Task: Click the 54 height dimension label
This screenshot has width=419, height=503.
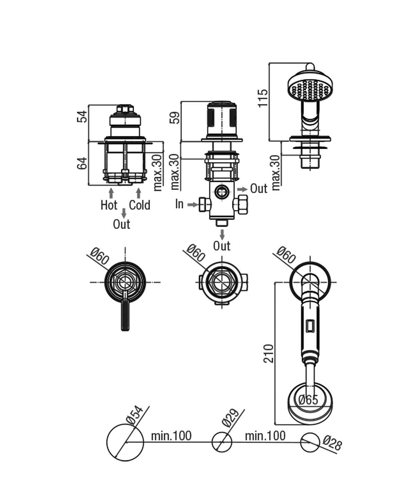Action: (82, 116)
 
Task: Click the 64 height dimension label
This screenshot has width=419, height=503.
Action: (82, 163)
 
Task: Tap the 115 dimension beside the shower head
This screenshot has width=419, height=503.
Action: (263, 98)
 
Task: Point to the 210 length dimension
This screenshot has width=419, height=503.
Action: (269, 353)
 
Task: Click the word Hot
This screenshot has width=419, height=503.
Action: (109, 205)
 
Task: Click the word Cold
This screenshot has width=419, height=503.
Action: (139, 205)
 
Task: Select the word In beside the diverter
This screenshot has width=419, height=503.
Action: (179, 204)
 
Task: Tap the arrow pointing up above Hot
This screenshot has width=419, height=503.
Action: (111, 193)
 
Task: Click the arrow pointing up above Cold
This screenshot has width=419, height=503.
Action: (138, 193)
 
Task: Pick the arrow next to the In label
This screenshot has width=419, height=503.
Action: (192, 204)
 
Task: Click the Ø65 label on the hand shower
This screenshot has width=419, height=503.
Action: (308, 400)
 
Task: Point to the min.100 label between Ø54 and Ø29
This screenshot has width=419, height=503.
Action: (171, 436)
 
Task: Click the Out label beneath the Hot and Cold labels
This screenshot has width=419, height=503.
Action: (121, 224)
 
